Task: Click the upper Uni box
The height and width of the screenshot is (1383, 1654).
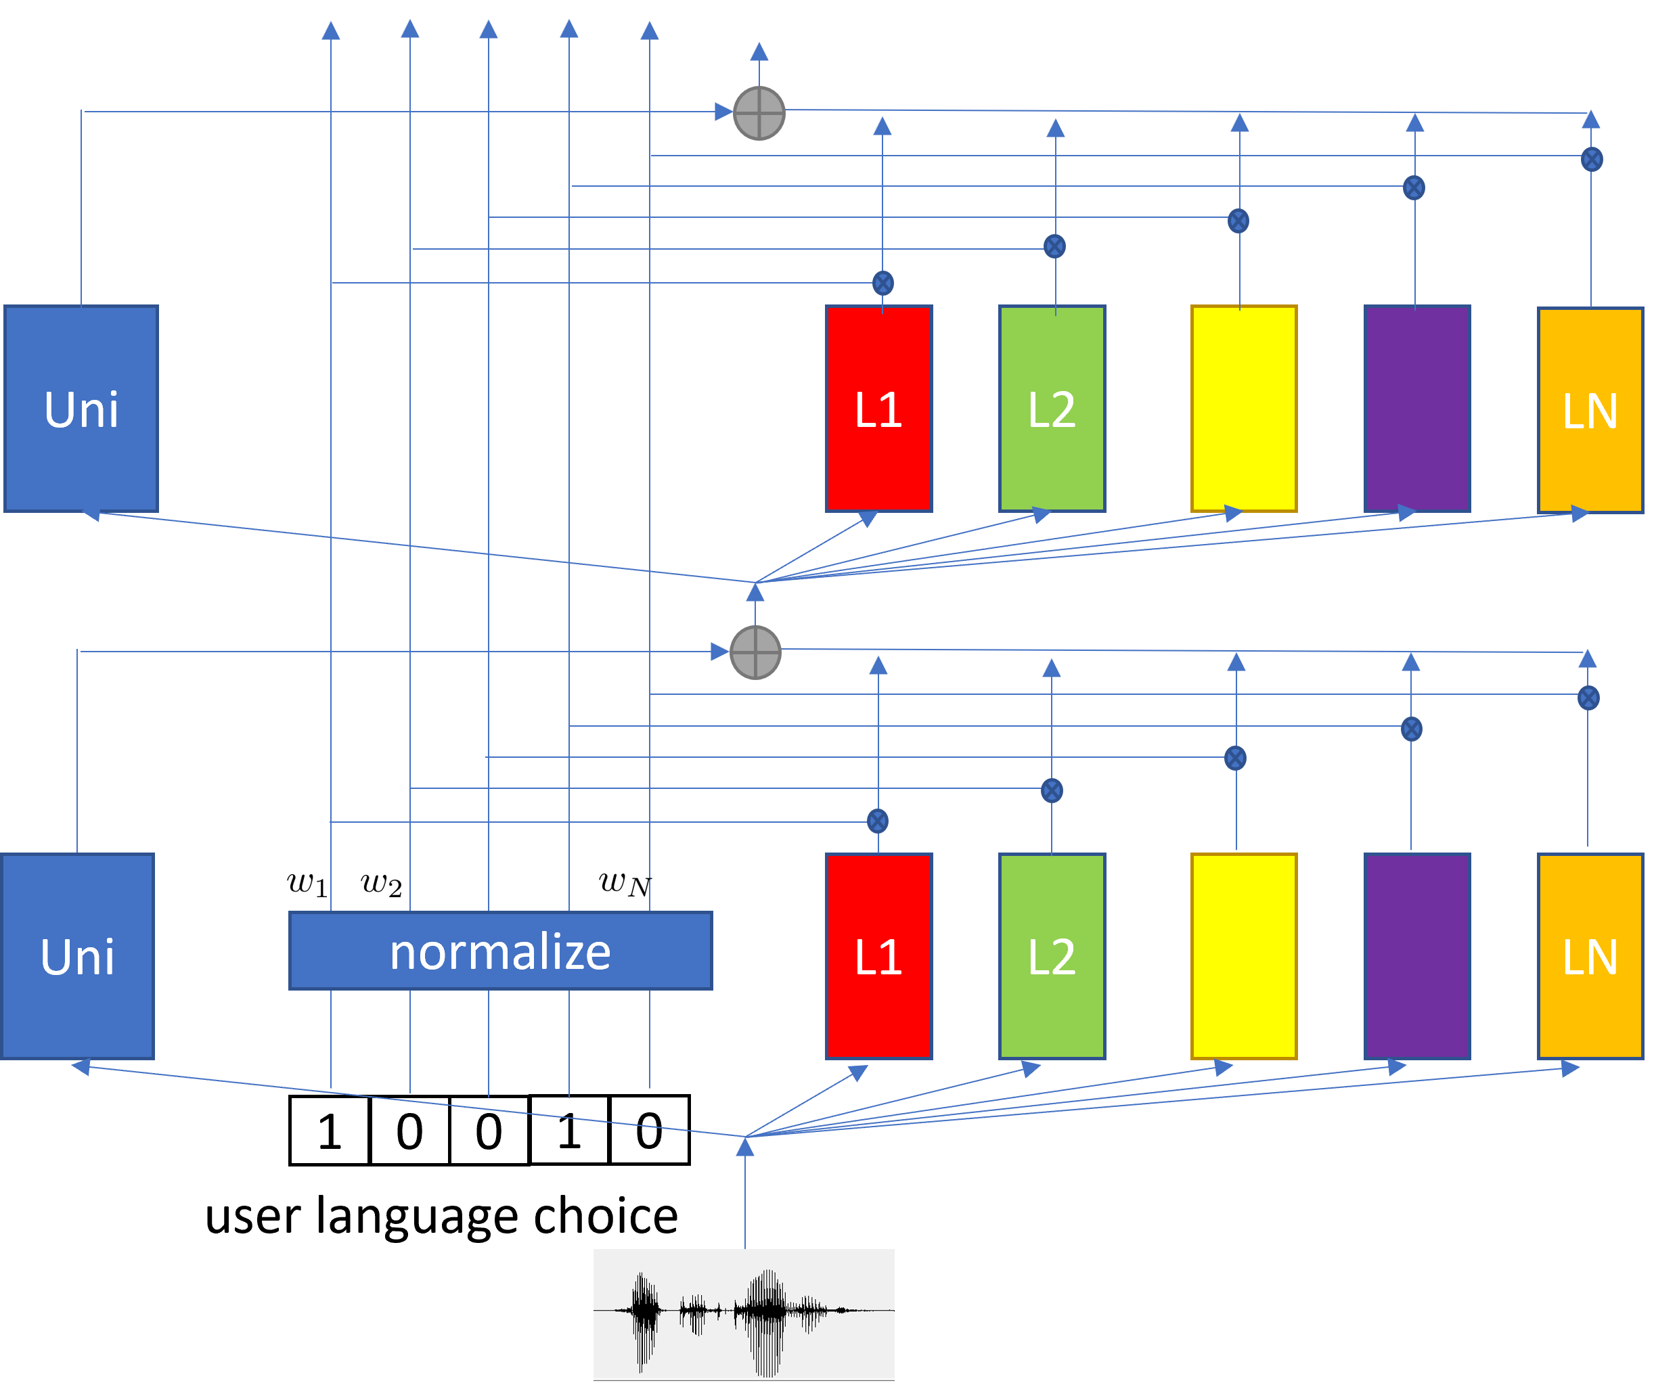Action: [81, 409]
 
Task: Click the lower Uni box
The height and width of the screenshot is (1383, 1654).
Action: [77, 956]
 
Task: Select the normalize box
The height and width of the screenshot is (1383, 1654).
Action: [501, 951]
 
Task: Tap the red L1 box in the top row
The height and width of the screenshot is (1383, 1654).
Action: [879, 409]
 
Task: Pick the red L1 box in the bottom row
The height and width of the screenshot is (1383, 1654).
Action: [879, 956]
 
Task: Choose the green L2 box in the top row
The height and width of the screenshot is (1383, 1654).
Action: [1052, 409]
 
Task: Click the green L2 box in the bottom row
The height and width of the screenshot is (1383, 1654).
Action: [1052, 956]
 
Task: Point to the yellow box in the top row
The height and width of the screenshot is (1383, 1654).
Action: [1244, 409]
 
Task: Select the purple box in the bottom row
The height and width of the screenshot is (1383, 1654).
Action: [1417, 956]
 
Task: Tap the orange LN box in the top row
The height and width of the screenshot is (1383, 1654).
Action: [1590, 409]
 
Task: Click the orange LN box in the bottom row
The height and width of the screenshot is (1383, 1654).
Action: [1590, 956]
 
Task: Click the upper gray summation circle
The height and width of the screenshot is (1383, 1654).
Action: [759, 114]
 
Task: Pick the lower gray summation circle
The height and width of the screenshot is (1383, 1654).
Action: [755, 652]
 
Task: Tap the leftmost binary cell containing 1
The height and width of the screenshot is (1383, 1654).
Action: [329, 1130]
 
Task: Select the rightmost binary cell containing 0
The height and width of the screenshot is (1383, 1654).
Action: [649, 1130]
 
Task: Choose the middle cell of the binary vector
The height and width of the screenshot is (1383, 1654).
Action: [489, 1130]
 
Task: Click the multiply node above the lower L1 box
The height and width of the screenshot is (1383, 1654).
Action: [877, 821]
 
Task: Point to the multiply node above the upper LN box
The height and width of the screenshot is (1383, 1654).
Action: [1592, 159]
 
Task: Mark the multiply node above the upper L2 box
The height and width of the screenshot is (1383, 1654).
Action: [1054, 246]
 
